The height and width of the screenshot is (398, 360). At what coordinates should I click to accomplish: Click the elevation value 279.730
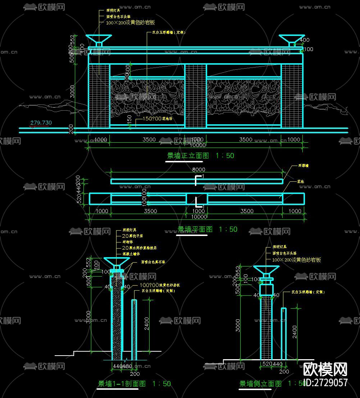point(41,123)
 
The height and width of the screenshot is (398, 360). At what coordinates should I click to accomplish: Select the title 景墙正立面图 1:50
point(200,156)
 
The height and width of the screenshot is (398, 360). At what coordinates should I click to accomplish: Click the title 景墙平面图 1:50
point(208,229)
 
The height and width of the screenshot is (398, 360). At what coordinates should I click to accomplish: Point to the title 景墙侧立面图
point(260,384)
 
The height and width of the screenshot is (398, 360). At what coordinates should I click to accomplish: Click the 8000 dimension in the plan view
point(198,170)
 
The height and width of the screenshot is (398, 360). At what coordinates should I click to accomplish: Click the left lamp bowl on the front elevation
point(99,38)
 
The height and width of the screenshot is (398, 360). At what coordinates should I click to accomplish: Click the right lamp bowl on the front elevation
point(291,38)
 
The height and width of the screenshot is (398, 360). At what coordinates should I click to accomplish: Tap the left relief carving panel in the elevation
point(147,96)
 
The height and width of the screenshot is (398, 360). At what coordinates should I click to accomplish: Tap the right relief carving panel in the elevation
point(244,96)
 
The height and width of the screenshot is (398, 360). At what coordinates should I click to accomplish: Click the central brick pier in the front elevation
point(196,96)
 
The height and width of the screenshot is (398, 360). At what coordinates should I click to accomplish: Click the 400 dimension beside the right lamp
point(305,40)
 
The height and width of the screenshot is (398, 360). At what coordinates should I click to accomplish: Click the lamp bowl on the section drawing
point(117,262)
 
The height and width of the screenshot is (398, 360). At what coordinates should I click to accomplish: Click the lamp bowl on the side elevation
point(266,270)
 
